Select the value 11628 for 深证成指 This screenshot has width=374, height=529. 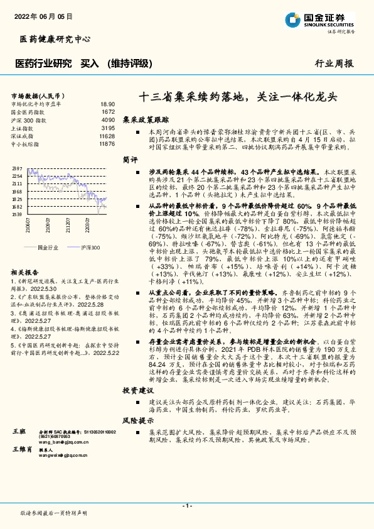click(x=107, y=136)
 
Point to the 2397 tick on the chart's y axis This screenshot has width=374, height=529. click(x=17, y=168)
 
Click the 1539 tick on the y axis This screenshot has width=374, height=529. click(x=17, y=214)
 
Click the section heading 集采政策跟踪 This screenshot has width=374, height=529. click(x=146, y=118)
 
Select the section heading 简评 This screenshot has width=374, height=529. click(x=130, y=160)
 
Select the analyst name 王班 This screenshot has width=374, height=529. click(x=19, y=433)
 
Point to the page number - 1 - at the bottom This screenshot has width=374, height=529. click(x=187, y=505)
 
